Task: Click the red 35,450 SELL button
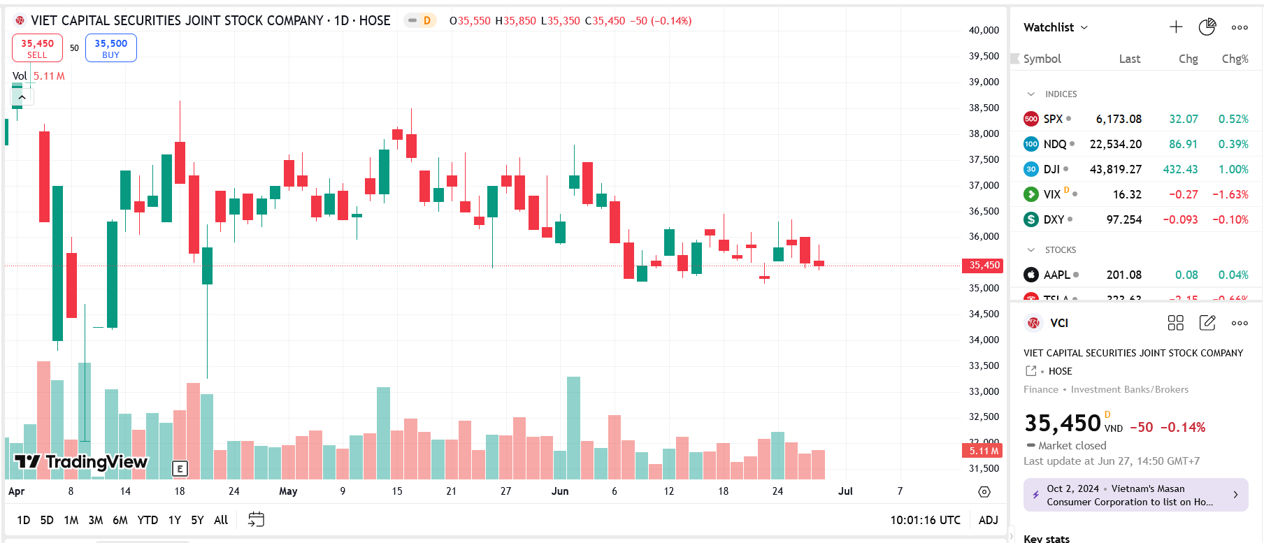[x=37, y=48]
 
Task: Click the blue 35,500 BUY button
[x=110, y=48]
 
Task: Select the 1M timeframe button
[x=71, y=520]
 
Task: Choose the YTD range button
[x=148, y=520]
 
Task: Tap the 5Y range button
[x=197, y=520]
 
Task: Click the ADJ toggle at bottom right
[x=988, y=520]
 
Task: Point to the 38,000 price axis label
[x=984, y=133]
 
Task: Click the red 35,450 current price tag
[x=984, y=265]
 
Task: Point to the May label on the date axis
[x=288, y=491]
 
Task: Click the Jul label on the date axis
[x=845, y=491]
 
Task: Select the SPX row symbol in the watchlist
[x=1052, y=119]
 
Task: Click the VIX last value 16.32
[x=1127, y=194]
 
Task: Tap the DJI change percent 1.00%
[x=1233, y=169]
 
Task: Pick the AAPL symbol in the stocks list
[x=1056, y=275]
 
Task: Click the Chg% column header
[x=1235, y=59]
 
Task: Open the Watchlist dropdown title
[x=1055, y=27]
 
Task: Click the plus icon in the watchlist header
[x=1176, y=27]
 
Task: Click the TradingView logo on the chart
[x=81, y=462]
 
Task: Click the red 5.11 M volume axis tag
[x=983, y=451]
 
